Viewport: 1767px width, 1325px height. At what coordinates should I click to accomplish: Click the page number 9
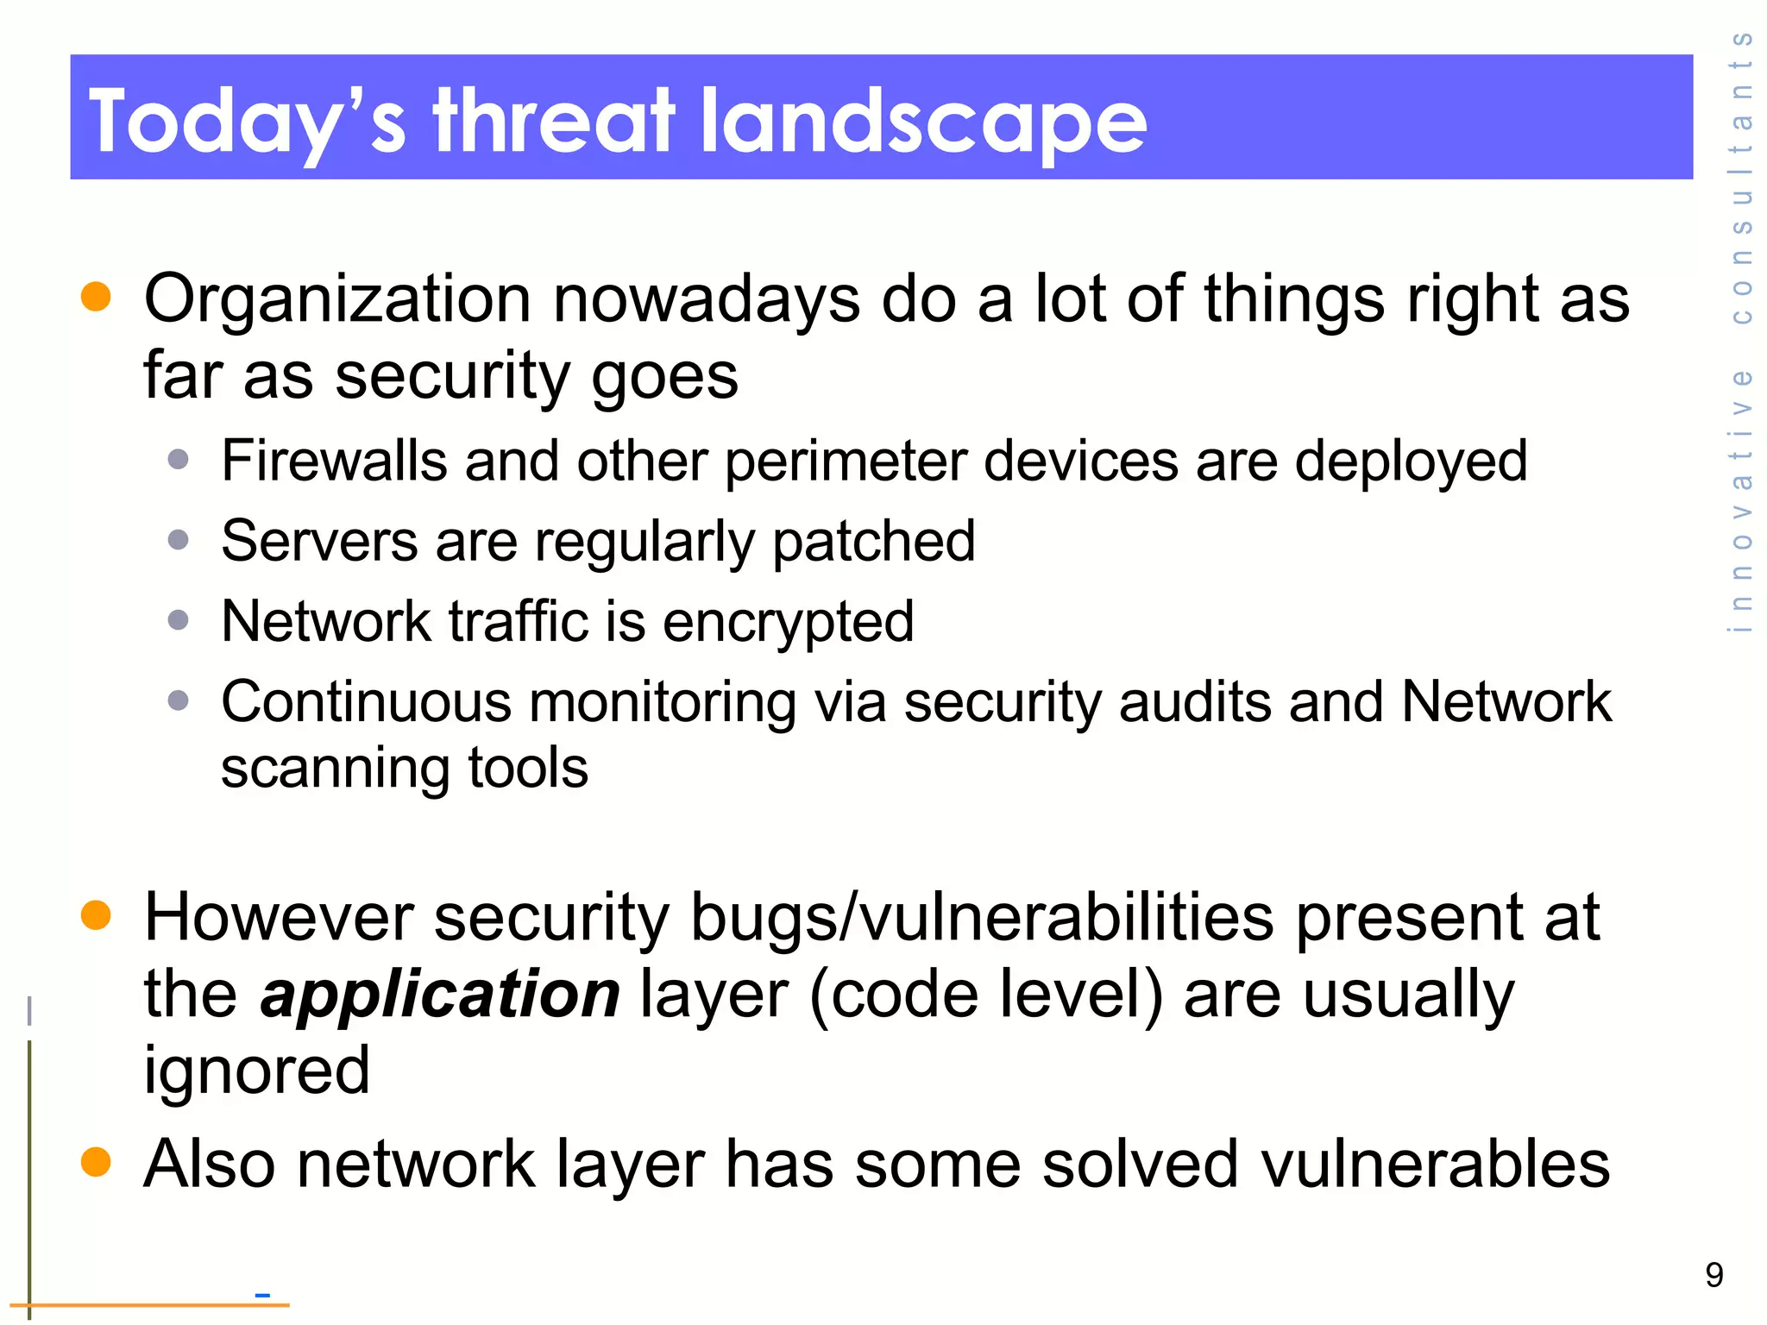pos(1714,1275)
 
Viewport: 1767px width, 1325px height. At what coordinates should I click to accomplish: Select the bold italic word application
pos(440,995)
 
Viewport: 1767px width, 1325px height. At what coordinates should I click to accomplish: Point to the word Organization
pos(336,299)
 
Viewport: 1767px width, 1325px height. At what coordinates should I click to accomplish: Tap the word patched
pos(873,542)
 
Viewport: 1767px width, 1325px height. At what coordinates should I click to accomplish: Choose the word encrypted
pos(788,622)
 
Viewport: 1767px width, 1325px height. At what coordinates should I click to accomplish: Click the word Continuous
pos(366,701)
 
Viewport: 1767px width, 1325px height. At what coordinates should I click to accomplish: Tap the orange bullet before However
pos(96,915)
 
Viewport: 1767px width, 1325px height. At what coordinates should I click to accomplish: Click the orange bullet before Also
pos(96,1162)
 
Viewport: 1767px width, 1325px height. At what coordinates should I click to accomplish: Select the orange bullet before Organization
pos(96,296)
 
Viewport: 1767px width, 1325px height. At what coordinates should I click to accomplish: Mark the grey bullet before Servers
pos(179,540)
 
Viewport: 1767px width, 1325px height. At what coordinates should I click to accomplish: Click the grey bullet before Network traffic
pos(179,620)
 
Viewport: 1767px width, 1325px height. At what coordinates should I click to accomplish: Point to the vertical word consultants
pos(1741,177)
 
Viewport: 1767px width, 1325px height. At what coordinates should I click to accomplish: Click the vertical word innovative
pos(1741,500)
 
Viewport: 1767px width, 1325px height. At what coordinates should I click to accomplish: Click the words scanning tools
pos(404,769)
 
